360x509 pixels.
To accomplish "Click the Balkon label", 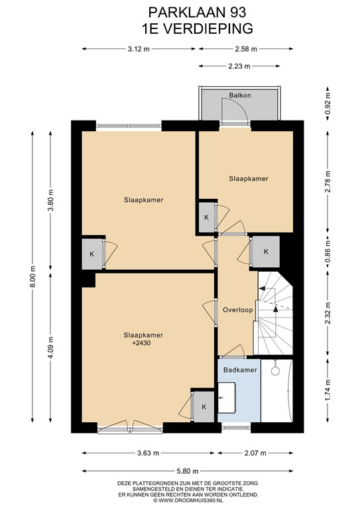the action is click(x=240, y=95).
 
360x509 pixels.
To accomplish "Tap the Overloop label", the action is click(x=237, y=310).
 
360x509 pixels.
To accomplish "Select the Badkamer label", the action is click(x=240, y=370).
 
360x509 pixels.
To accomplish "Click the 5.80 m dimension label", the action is click(x=188, y=471).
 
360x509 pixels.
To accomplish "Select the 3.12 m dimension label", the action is click(x=139, y=49).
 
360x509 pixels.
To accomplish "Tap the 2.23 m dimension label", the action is click(x=239, y=66).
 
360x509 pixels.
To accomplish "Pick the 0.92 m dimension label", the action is click(x=328, y=102).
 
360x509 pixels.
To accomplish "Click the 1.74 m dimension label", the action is click(x=328, y=390).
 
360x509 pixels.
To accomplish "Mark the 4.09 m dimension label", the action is click(x=50, y=347).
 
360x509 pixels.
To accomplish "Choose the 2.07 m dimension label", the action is click(x=255, y=453).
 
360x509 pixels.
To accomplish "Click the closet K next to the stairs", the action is click(x=266, y=252).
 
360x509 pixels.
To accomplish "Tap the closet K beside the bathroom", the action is click(x=204, y=407).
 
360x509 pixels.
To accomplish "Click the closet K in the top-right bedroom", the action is click(x=206, y=217).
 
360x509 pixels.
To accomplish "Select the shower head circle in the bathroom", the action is click(x=276, y=371).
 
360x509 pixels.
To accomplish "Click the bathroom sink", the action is click(x=227, y=398).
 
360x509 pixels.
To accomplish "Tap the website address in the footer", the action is click(x=188, y=500).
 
